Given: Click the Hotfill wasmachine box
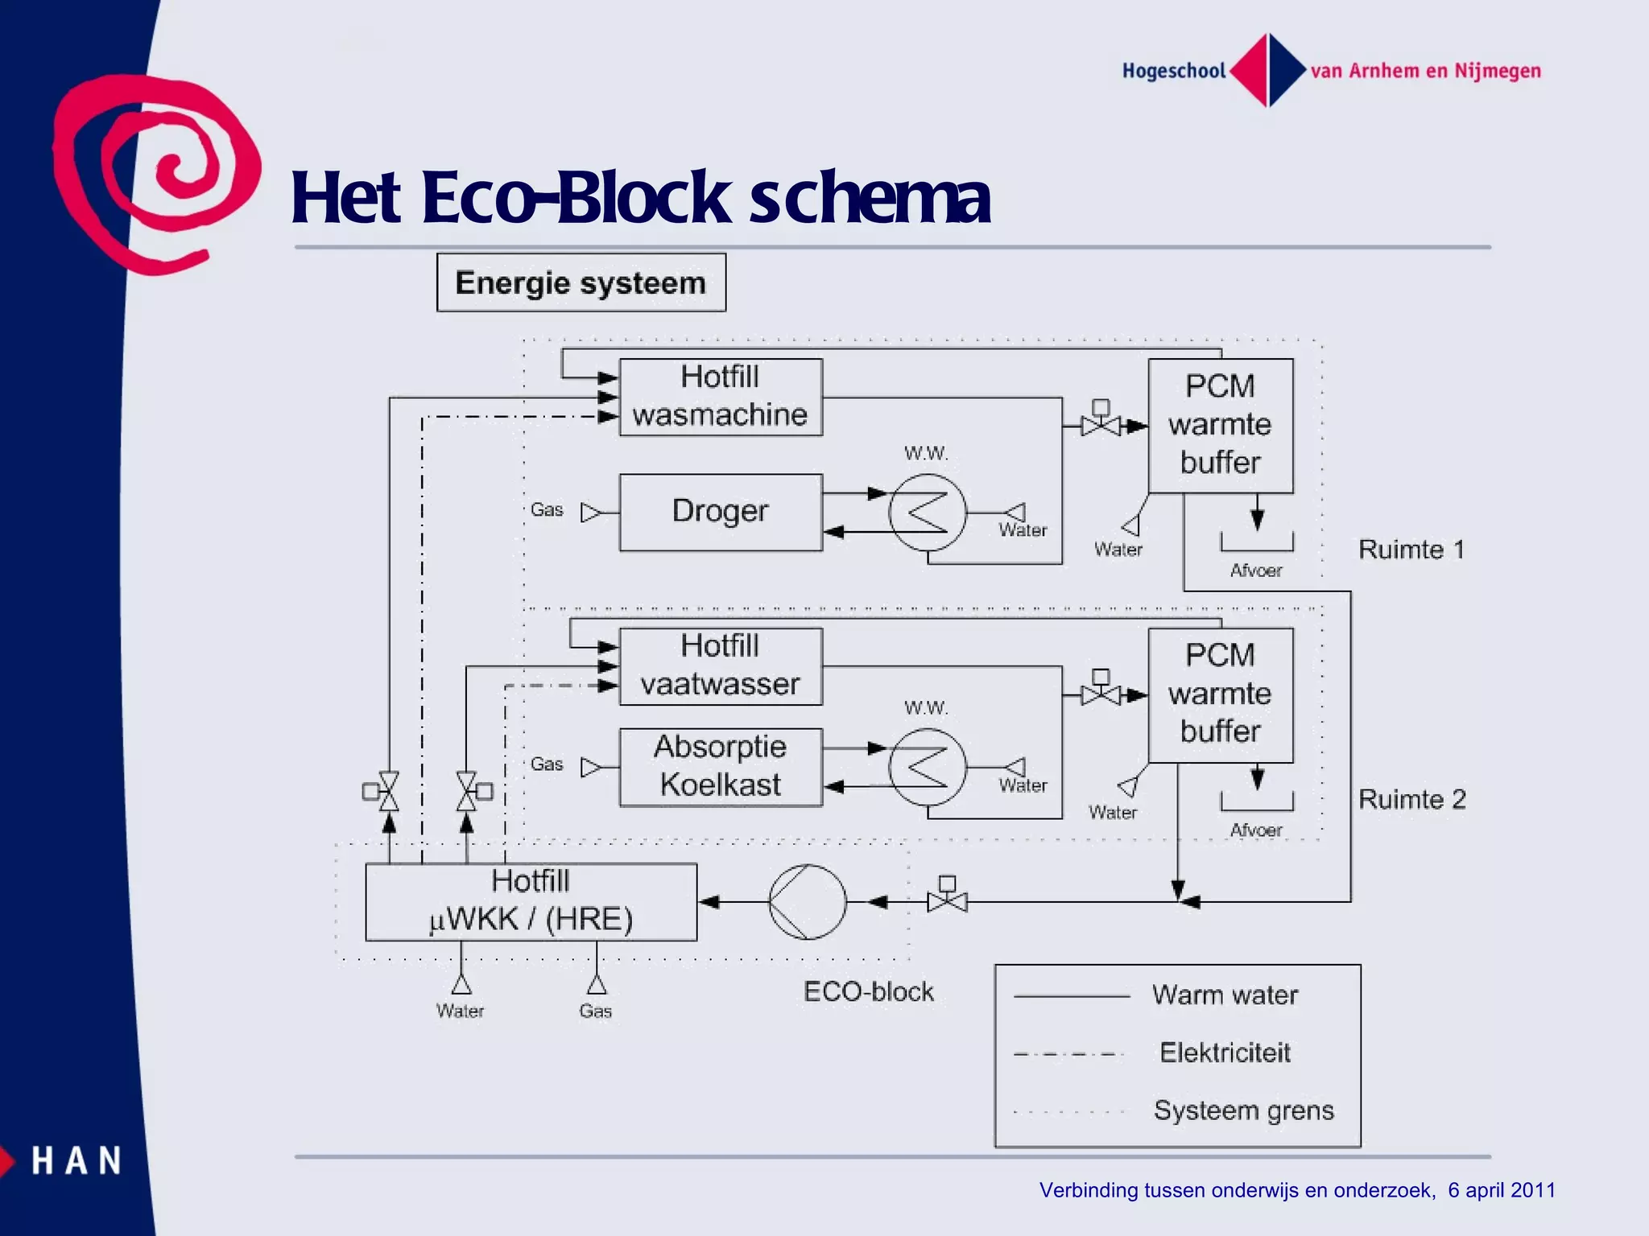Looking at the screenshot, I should pos(721,397).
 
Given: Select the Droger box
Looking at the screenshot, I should pos(721,512).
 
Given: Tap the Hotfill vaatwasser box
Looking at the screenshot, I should pos(721,666).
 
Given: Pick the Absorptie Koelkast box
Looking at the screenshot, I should pos(721,767).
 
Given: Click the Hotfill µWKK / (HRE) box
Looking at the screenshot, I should pos(531,902).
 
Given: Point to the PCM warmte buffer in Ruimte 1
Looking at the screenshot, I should pos(1220,425).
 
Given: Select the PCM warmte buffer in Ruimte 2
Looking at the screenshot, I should pos(1220,694).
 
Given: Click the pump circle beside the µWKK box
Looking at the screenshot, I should pos(808,902).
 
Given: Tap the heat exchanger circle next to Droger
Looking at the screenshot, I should pos(928,513).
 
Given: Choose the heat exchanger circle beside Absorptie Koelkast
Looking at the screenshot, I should pos(928,767).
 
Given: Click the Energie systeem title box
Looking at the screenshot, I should pos(581,282).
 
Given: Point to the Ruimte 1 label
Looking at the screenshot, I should pos(1411,550).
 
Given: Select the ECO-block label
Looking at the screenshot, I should pos(868,991).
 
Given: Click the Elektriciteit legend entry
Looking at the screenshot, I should pos(1224,1053).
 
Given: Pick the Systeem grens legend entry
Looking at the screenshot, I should pos(1243,1110).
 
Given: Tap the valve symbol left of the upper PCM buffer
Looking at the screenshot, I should pos(1101,422).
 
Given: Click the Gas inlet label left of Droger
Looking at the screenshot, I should pos(547,510).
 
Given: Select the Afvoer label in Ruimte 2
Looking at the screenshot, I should pos(1255,830).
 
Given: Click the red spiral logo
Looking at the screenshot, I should pos(153,173).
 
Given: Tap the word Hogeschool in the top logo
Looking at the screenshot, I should pos(1173,71).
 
